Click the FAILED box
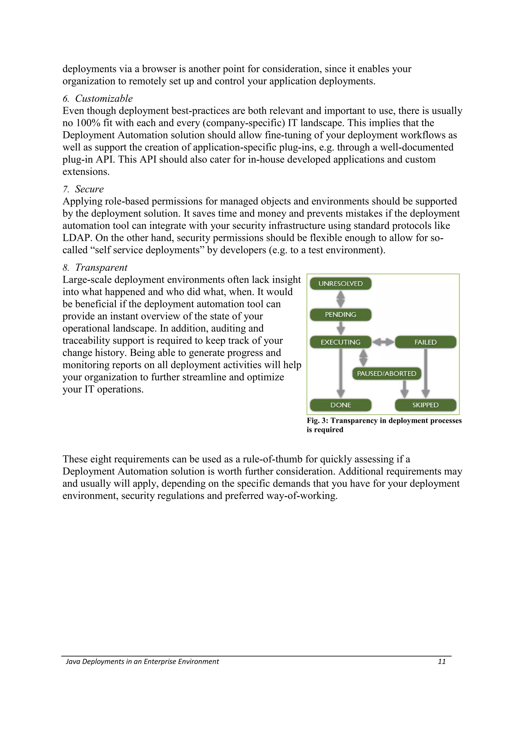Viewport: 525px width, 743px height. pyautogui.click(x=425, y=342)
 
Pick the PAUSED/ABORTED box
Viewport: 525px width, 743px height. pyautogui.click(x=387, y=374)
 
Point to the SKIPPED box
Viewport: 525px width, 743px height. pyautogui.click(x=425, y=405)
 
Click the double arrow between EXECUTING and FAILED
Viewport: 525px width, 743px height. pyautogui.click(x=383, y=342)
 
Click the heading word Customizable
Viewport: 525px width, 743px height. pyautogui.click(x=104, y=98)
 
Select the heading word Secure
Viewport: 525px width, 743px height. pyautogui.click(x=89, y=189)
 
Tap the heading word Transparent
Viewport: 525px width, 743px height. pyautogui.click(x=101, y=268)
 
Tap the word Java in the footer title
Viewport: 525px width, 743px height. pyautogui.click(x=73, y=661)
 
